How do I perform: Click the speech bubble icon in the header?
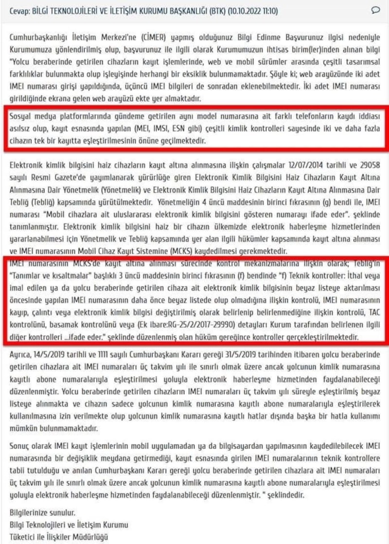pyautogui.click(x=375, y=10)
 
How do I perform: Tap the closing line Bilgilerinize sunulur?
pyautogui.click(x=43, y=514)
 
